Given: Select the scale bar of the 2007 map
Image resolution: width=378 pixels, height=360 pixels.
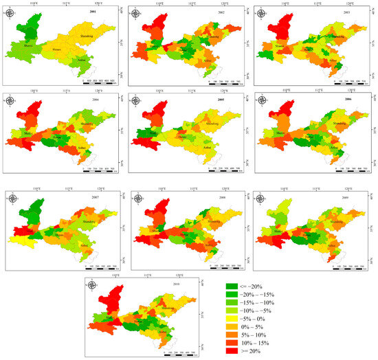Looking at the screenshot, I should pos(96,264).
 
